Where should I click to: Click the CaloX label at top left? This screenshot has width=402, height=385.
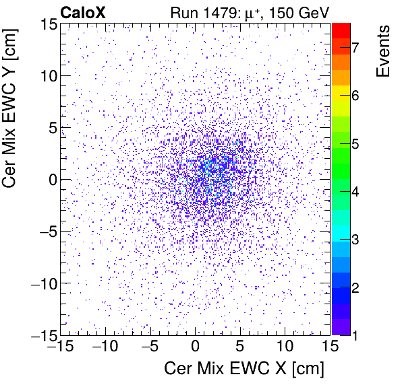click(x=83, y=11)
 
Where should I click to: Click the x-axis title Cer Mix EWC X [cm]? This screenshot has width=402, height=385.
click(x=245, y=370)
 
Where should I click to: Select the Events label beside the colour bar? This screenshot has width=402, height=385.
click(x=383, y=51)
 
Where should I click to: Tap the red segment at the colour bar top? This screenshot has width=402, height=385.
click(x=341, y=30)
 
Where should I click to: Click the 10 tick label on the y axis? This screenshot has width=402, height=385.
click(x=46, y=75)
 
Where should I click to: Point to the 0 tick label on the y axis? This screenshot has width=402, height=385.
click(x=51, y=180)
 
